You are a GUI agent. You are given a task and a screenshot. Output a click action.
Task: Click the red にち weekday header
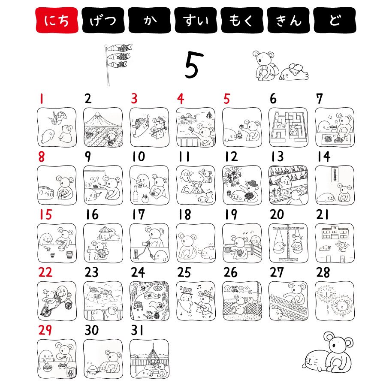57,20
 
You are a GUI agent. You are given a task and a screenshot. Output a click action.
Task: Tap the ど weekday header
335,20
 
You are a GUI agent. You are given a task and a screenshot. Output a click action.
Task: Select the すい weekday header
196,20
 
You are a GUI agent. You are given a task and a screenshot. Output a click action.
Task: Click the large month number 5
194,65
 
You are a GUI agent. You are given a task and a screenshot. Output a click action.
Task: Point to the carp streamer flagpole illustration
116,64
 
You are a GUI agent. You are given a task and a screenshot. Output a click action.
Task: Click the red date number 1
42,99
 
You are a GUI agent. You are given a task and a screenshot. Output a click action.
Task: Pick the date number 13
277,157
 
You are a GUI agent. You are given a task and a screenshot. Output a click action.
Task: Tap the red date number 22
45,272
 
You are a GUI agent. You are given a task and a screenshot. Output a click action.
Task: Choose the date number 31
137,330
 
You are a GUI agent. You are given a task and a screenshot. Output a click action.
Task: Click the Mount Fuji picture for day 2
103,127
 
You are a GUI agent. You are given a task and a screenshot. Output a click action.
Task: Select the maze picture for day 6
288,127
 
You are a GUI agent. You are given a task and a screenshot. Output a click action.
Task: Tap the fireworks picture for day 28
335,301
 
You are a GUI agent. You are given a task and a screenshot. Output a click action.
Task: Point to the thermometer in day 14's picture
334,175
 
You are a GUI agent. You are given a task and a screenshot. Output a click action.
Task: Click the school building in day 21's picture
335,232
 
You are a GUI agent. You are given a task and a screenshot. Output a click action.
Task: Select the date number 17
139,214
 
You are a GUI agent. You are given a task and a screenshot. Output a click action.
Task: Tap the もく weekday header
242,20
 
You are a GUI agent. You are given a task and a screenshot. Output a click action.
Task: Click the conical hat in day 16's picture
106,230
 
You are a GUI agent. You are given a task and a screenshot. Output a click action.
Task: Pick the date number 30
92,330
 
